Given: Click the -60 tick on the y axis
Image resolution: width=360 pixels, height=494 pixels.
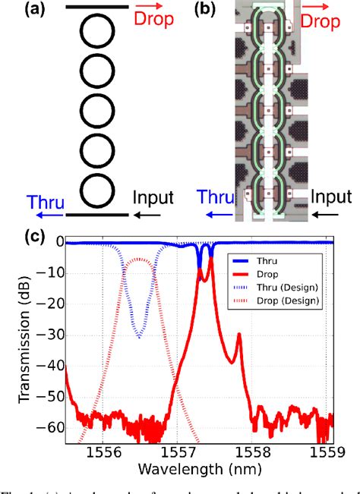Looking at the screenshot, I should coord(51,428).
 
